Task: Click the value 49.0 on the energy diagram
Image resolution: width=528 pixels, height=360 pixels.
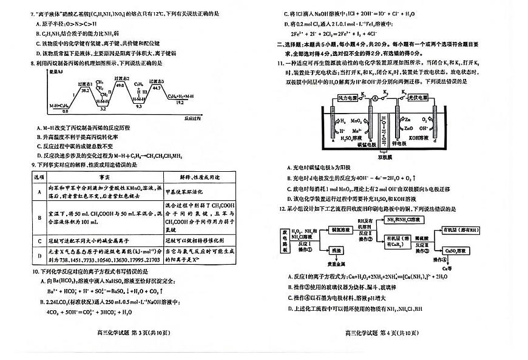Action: [x=120, y=86]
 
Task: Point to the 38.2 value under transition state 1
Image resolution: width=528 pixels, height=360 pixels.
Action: [x=86, y=90]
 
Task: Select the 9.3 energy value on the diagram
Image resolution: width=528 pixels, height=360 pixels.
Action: [x=138, y=106]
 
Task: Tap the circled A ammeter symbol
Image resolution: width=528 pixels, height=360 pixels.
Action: [x=375, y=97]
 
